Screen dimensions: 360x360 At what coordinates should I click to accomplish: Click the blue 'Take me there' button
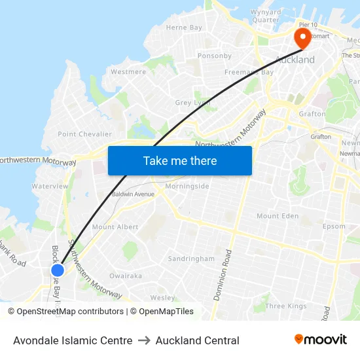[180, 160]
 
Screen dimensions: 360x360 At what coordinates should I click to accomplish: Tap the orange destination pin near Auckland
[302, 37]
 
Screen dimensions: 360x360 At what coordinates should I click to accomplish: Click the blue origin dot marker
[58, 270]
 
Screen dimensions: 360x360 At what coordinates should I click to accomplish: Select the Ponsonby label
[215, 56]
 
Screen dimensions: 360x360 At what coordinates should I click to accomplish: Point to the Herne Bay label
[184, 27]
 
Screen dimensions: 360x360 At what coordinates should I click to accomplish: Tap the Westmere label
[128, 71]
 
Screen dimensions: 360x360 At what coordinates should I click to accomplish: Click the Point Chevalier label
[85, 134]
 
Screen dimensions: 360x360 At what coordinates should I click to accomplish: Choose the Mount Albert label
[115, 227]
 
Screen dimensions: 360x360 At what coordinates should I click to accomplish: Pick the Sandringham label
[191, 259]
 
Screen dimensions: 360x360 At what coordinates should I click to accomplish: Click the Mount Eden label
[278, 216]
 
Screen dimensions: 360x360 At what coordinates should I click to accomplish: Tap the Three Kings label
[286, 306]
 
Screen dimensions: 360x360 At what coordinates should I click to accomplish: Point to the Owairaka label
[126, 276]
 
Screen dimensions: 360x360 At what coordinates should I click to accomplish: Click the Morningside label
[187, 187]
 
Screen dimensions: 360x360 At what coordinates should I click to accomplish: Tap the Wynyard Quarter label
[266, 16]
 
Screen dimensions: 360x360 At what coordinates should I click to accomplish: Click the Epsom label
[334, 226]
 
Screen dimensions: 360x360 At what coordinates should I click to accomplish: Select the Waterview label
[50, 187]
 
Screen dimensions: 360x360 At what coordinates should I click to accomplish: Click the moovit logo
[321, 340]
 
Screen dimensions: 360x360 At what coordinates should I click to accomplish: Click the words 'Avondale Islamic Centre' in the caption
[73, 340]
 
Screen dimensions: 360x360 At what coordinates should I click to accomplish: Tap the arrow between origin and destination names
[144, 340]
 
